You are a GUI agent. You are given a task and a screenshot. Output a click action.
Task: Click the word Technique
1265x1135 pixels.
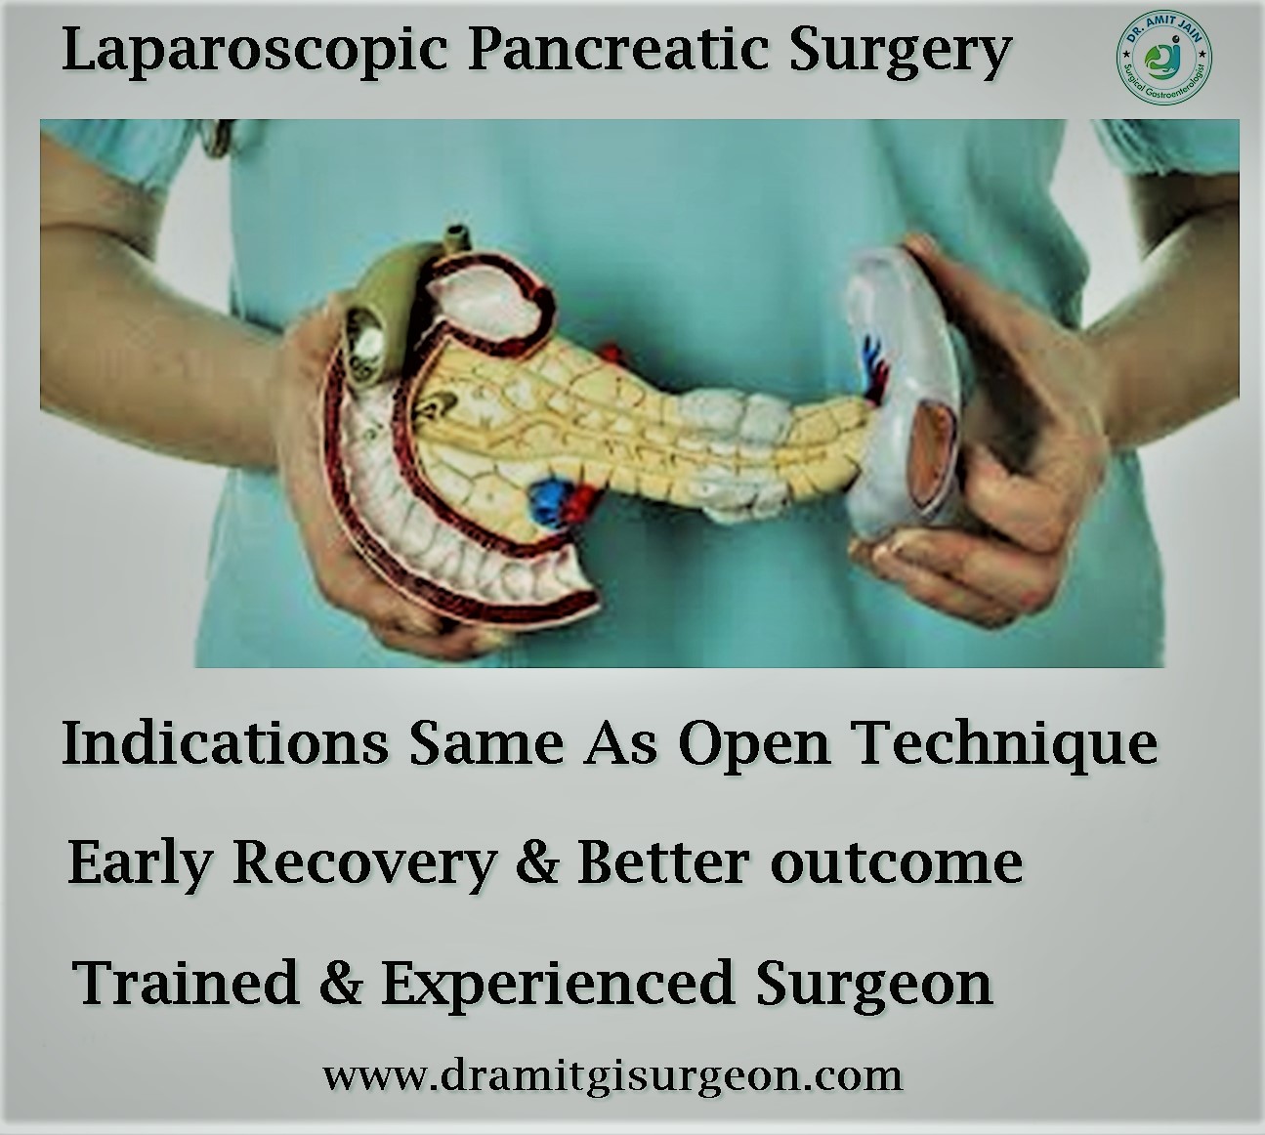coord(1006,746)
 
